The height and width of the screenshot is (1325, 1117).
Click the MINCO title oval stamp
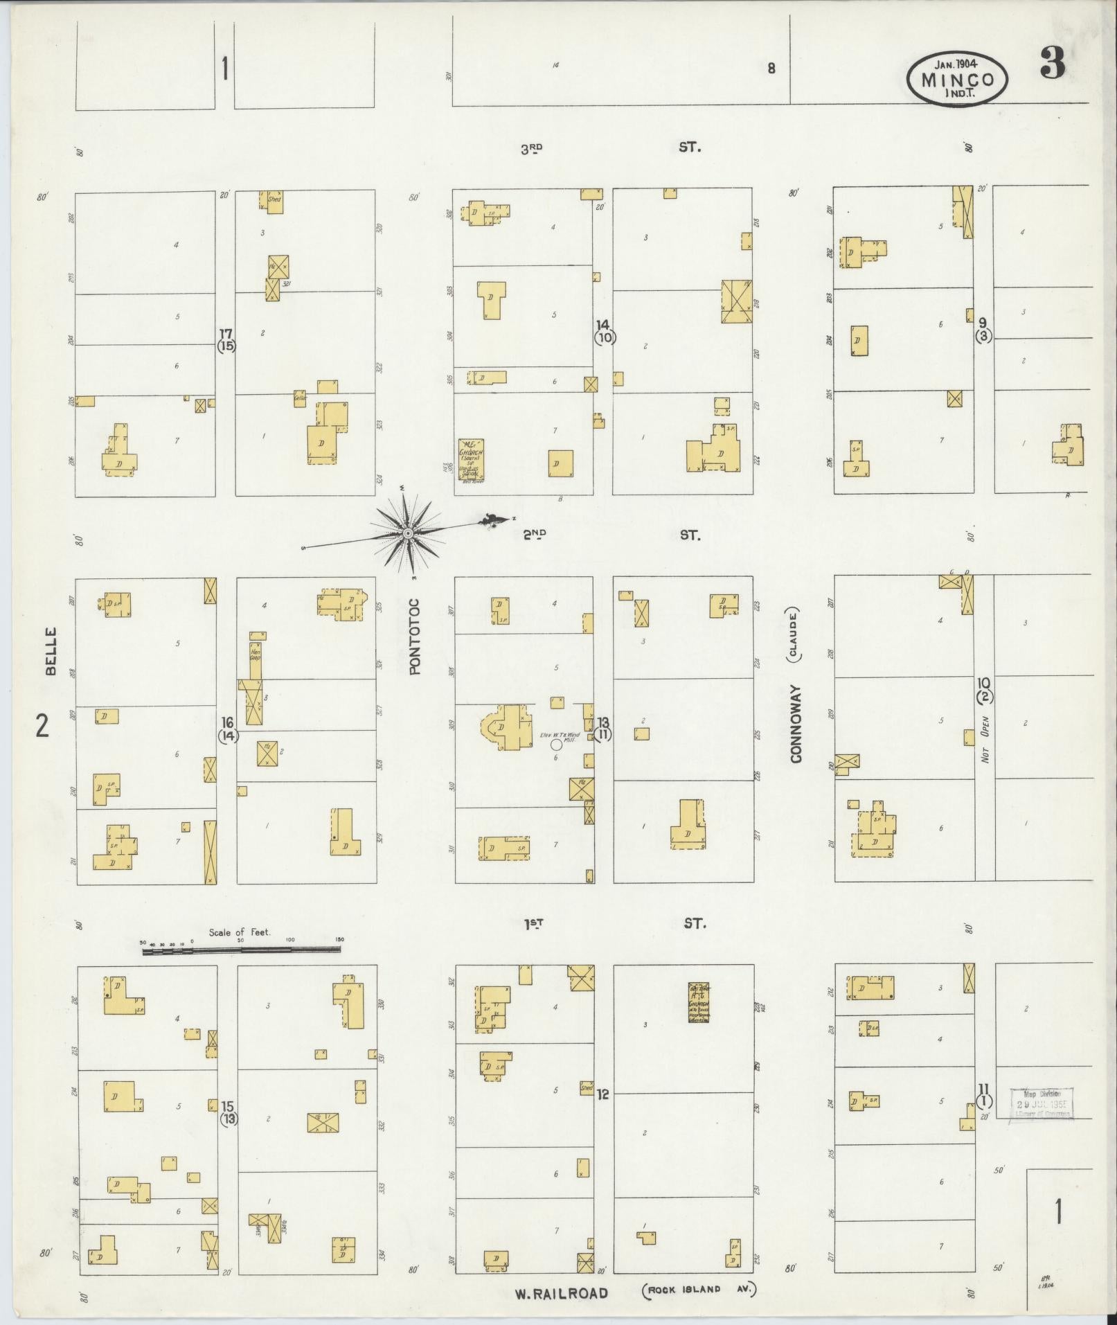(x=957, y=80)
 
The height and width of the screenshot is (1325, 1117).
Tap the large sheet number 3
(x=1051, y=65)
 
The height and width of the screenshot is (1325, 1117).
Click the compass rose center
(x=408, y=533)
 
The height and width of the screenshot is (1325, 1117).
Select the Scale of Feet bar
(x=241, y=950)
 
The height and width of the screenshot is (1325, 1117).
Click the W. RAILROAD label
(x=562, y=1292)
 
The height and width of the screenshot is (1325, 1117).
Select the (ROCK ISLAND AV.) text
(x=700, y=1290)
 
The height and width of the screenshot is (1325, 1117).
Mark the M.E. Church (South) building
(x=471, y=460)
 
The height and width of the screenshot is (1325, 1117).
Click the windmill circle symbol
(x=555, y=744)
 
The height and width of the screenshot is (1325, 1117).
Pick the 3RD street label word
(x=532, y=148)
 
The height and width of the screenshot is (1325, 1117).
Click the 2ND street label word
(x=534, y=534)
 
